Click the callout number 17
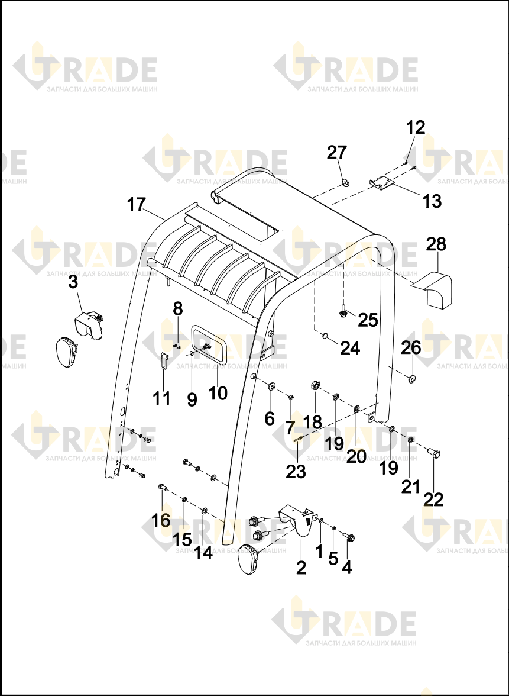(136, 205)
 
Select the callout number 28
(436, 244)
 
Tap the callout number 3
(73, 282)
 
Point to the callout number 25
(368, 320)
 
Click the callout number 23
(296, 471)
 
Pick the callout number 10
(218, 393)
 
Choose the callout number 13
(432, 201)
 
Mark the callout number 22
(434, 500)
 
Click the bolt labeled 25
(343, 311)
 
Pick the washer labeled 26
(412, 379)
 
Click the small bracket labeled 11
(164, 361)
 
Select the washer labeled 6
(271, 385)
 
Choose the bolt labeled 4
(349, 537)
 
